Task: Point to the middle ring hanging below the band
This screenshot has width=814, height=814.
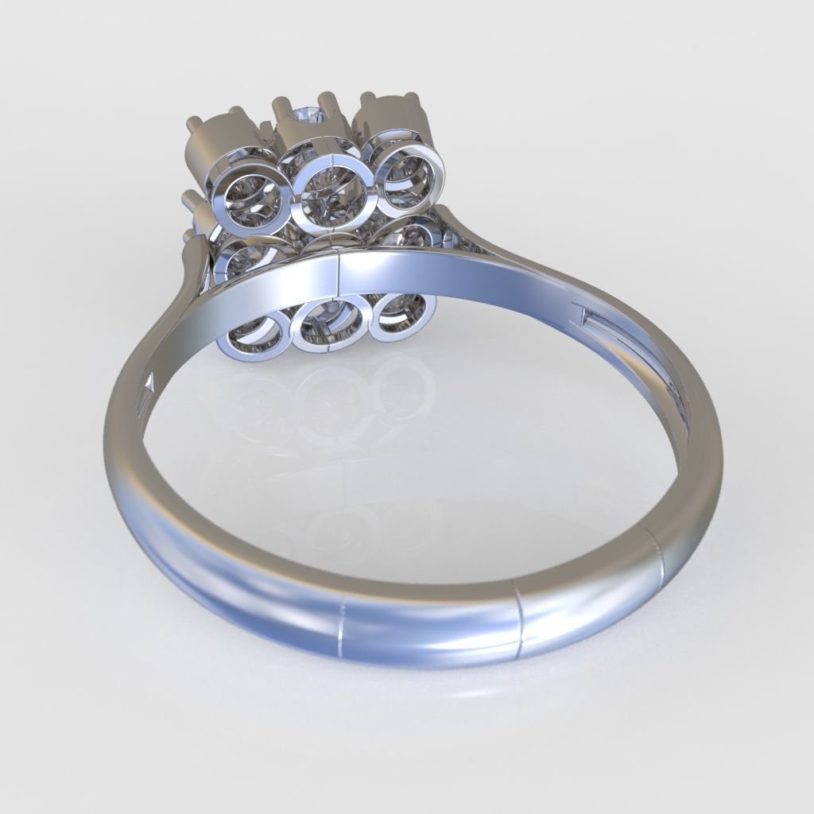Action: tap(328, 325)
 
